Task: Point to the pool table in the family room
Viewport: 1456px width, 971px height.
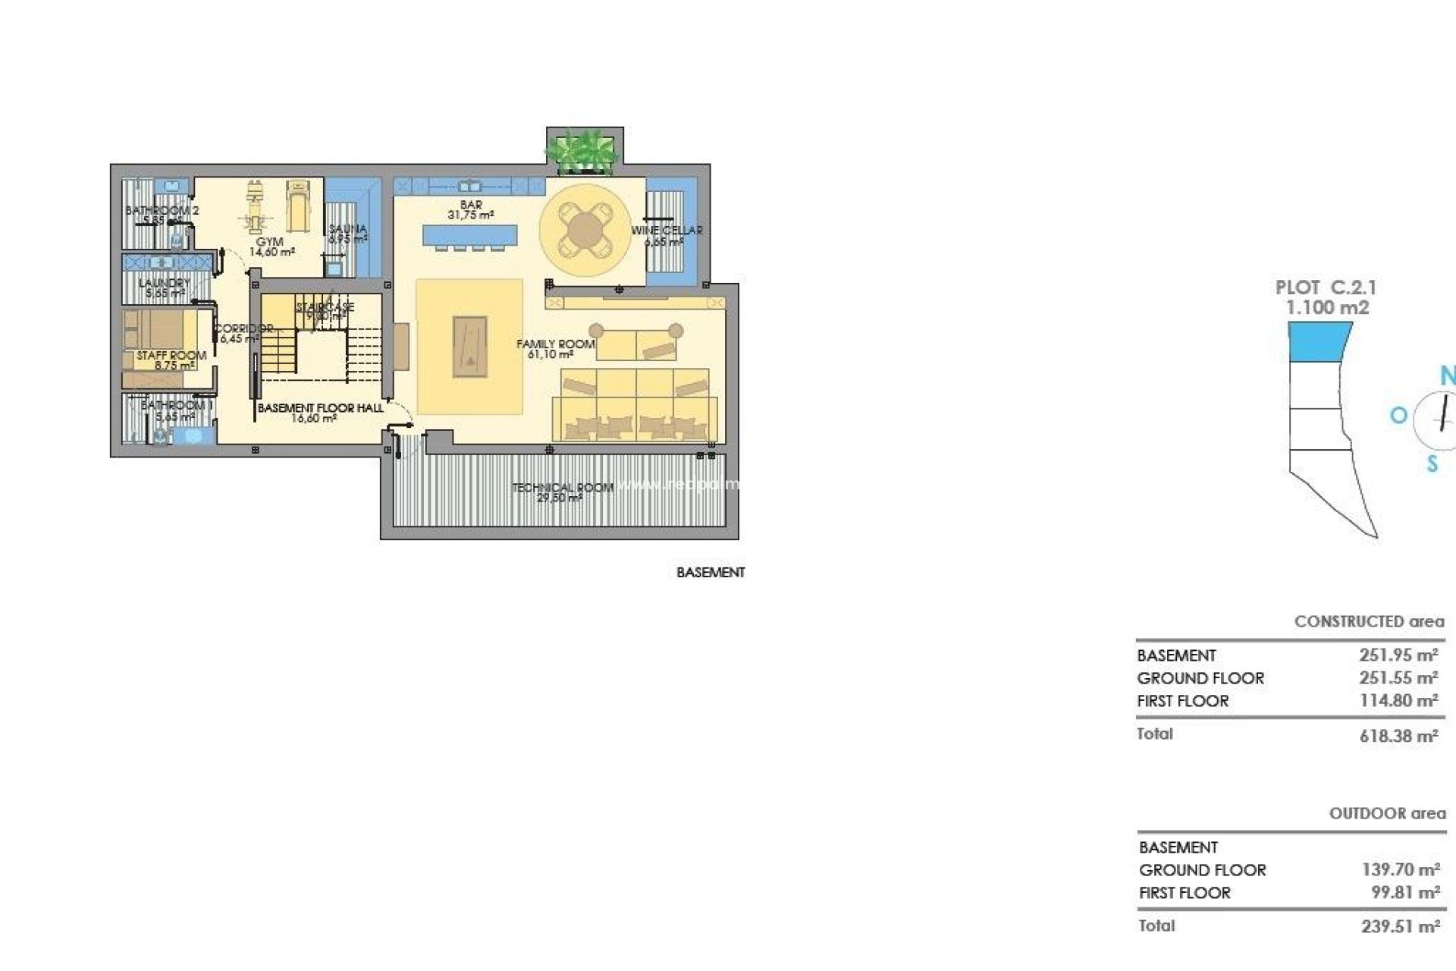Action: (x=469, y=346)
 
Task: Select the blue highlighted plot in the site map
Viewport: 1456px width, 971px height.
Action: (x=1319, y=341)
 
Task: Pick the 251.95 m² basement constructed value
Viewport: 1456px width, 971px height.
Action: (x=1398, y=655)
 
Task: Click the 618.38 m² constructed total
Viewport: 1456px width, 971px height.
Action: (x=1398, y=736)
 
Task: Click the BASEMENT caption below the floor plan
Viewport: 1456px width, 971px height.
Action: (x=711, y=573)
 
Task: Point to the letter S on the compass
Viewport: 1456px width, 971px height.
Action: (x=1432, y=464)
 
